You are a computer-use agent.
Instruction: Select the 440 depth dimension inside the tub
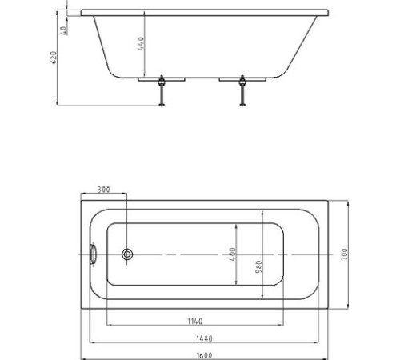[142, 43]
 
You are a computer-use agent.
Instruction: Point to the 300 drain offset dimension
[104, 190]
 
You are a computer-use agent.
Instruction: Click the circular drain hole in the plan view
[127, 255]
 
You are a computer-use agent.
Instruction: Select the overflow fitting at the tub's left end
[94, 255]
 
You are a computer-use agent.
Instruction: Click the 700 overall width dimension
[345, 254]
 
